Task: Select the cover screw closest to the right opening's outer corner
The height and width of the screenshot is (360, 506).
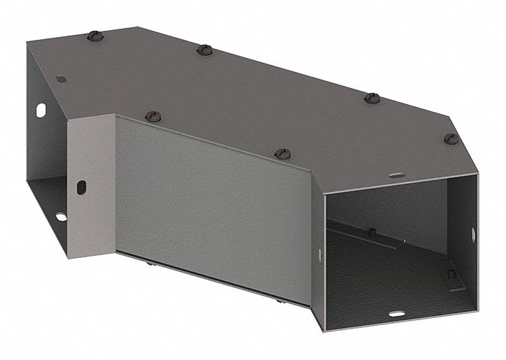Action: (449, 138)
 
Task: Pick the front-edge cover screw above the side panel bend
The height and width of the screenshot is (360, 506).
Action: (282, 152)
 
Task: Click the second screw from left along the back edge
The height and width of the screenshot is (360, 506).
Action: (203, 50)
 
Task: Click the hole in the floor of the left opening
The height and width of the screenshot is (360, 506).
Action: (60, 216)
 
